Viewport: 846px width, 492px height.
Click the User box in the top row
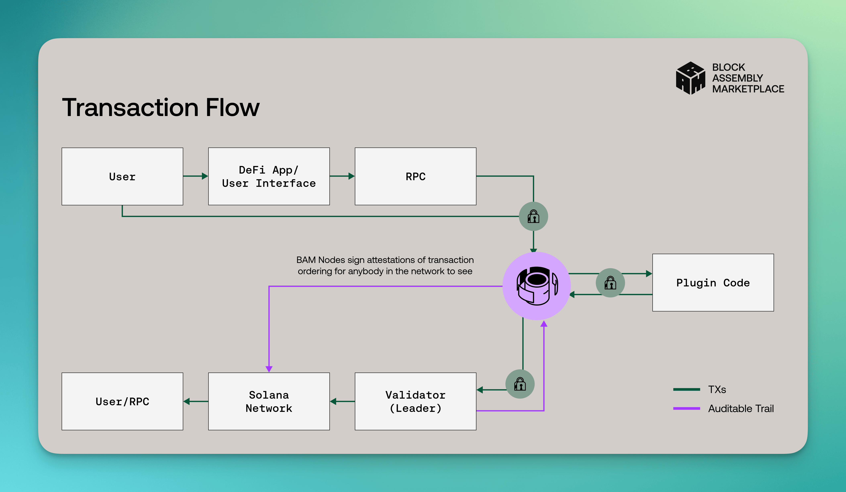tap(122, 176)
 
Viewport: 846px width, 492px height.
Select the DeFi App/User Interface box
tap(269, 176)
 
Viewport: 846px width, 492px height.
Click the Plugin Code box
tap(713, 283)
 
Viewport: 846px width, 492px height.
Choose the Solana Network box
tap(269, 401)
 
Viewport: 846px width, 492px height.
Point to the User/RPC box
tap(122, 401)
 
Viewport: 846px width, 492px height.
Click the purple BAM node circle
tap(537, 286)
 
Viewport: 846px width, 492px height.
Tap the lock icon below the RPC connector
tap(534, 216)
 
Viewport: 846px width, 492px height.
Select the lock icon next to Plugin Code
tap(610, 283)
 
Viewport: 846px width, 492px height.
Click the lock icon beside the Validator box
tap(520, 384)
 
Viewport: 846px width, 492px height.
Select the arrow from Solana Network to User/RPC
tap(196, 401)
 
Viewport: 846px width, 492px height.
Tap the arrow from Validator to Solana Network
tap(342, 401)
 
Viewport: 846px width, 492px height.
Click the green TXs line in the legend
tap(687, 389)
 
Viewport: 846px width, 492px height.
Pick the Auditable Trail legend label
tap(741, 408)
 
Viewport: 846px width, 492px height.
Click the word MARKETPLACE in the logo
tap(748, 89)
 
